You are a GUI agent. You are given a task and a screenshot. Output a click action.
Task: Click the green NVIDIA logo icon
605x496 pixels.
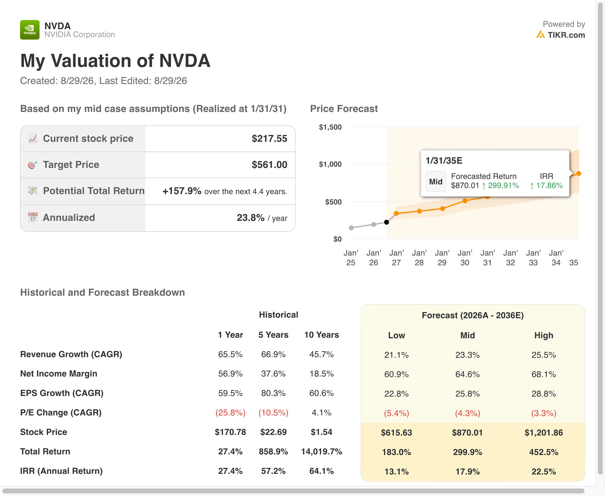point(30,30)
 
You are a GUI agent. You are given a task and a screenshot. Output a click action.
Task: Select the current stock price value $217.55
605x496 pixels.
point(269,139)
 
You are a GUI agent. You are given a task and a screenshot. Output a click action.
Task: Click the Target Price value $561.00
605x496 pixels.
point(269,165)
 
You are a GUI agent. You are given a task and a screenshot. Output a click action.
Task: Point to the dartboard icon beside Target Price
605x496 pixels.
point(33,165)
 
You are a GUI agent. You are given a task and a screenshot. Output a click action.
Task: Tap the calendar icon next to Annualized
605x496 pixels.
point(33,217)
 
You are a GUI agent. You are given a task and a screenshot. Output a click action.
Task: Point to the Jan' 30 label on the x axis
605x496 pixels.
point(465,258)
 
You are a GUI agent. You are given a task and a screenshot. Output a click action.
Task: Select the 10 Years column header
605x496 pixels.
point(322,335)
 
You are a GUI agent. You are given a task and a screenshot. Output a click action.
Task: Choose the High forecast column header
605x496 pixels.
point(544,335)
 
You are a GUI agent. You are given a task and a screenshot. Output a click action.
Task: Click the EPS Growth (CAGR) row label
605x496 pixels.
point(62,393)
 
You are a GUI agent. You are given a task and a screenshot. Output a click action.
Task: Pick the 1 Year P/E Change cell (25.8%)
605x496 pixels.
point(230,413)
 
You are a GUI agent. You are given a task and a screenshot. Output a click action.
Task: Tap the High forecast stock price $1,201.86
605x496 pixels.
point(544,433)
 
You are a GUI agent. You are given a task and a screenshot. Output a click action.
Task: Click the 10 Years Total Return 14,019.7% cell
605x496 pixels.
point(322,452)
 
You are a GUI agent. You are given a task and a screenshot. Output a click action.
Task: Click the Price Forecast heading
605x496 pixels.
point(344,109)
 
